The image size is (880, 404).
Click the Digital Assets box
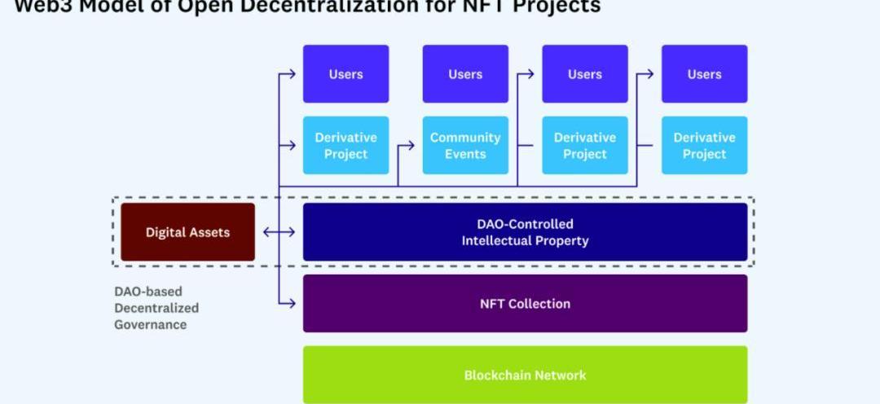(187, 232)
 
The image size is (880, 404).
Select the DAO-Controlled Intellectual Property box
(525, 232)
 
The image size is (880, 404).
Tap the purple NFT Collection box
(525, 303)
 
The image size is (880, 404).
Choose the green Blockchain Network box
(525, 375)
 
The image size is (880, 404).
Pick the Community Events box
(465, 145)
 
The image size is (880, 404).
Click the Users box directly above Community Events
(465, 74)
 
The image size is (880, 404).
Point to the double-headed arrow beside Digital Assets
(279, 232)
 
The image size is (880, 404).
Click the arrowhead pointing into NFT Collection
(293, 303)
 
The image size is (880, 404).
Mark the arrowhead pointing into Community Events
(411, 146)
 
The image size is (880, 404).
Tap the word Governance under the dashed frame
(151, 324)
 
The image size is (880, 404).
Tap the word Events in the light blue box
(465, 154)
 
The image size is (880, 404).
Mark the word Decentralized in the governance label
(156, 308)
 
